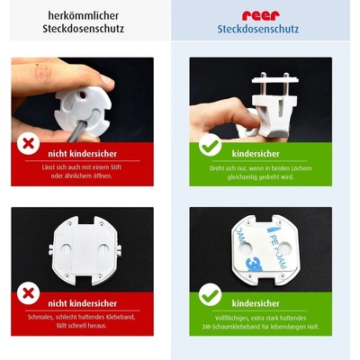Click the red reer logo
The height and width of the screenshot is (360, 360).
pyautogui.click(x=261, y=14)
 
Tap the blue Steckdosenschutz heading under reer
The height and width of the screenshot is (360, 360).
pyautogui.click(x=261, y=29)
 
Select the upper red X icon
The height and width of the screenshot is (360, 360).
pyautogui.click(x=29, y=143)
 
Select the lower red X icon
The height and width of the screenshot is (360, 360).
pyautogui.click(x=29, y=294)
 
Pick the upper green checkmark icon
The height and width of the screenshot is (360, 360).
pyautogui.click(x=210, y=144)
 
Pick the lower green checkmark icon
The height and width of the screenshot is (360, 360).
pyautogui.click(x=210, y=294)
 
